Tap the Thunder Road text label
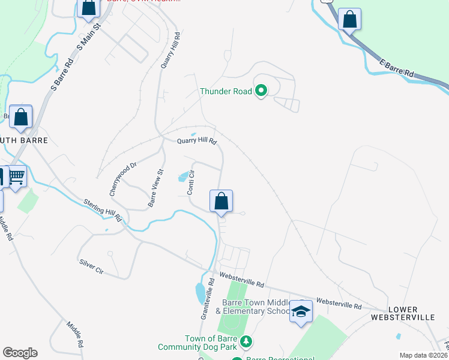coord(227,92)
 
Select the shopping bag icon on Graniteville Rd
coord(221,200)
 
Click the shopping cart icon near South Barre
coord(17,176)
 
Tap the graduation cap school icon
coord(301,311)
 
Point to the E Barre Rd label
coord(397,67)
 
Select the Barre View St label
coord(156,188)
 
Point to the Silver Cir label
coord(92,267)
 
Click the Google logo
coord(20,353)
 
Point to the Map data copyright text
coord(423,355)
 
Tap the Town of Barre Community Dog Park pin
coord(245,341)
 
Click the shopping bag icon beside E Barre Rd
coord(349,19)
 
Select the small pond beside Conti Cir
coord(182,177)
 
